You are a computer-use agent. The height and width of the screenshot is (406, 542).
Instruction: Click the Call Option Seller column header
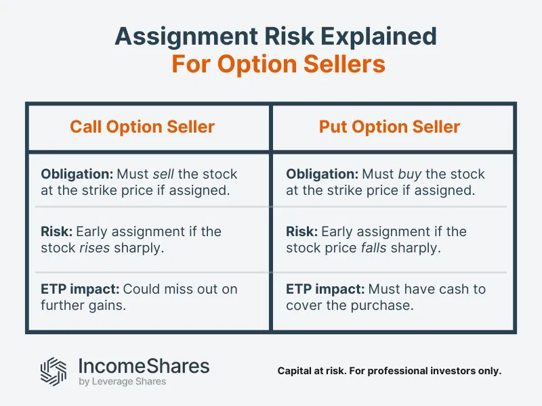coord(142,127)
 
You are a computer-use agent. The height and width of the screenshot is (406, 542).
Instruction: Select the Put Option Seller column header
coord(390,127)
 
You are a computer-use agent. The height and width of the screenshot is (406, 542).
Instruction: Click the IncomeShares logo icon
coord(54,370)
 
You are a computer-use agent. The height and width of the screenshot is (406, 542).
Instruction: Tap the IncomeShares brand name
coord(144,366)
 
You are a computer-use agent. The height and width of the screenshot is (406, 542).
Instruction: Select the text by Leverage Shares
coord(123,382)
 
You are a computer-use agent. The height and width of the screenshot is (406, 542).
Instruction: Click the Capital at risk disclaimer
coord(390,371)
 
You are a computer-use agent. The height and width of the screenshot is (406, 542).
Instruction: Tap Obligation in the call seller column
coord(72,175)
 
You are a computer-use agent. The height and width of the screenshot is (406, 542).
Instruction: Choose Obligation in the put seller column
coord(317,175)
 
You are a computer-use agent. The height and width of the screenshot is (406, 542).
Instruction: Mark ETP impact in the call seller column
coord(80,289)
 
